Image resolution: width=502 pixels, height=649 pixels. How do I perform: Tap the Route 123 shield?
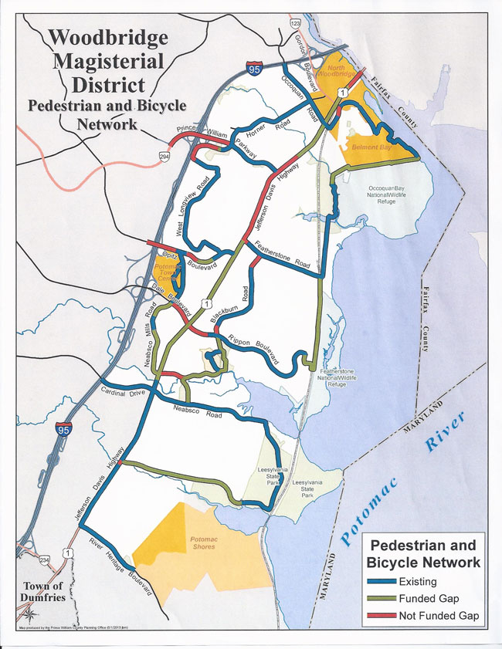[295, 25]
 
